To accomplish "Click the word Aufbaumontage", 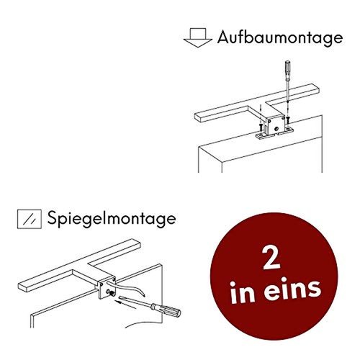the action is point(280,38).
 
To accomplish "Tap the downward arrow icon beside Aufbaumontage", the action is point(198,37).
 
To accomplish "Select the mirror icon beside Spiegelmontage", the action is point(30,219).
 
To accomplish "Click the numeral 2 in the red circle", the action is point(271,258).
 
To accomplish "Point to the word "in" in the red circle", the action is point(243,292).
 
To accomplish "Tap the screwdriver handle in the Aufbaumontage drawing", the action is point(287,68).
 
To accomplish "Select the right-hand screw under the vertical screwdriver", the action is point(288,119).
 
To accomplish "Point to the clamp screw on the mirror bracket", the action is point(111,293).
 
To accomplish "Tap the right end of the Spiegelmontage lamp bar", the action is point(139,243).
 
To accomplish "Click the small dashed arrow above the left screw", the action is point(260,113).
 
